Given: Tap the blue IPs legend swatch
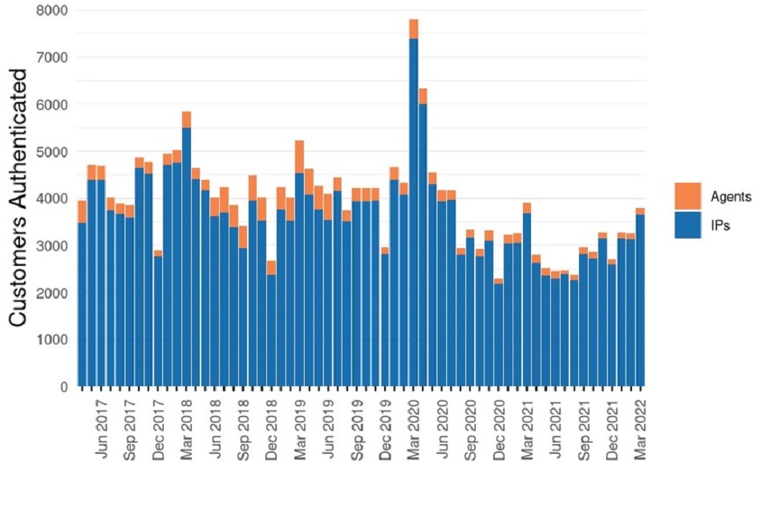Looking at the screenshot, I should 687,226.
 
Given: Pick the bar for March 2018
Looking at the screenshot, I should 187,257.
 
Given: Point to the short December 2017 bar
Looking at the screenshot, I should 158,321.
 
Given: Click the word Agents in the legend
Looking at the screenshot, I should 731,198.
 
